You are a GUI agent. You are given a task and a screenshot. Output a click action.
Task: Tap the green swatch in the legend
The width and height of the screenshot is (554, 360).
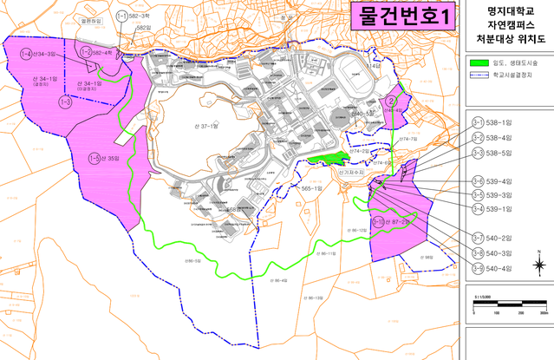coord(483,63)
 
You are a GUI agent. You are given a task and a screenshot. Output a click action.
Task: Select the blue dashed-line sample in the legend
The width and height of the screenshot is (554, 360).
coord(483,75)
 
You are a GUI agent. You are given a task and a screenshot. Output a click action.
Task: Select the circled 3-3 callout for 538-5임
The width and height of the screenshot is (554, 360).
coord(479,153)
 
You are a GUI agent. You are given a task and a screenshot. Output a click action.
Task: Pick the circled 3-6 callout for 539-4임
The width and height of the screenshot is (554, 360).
coord(479,180)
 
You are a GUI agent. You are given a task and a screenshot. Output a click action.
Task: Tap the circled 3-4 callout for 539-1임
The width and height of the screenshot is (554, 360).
coord(479,209)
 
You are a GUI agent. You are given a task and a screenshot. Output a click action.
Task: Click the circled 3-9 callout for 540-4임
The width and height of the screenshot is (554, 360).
coord(479,268)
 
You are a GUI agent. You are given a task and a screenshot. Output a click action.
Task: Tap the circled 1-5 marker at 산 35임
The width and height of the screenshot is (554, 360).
coord(94,158)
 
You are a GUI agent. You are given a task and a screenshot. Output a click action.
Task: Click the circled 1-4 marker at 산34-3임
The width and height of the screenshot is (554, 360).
coord(27,54)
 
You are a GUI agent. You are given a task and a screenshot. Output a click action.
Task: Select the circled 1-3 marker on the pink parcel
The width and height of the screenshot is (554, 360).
coord(64,102)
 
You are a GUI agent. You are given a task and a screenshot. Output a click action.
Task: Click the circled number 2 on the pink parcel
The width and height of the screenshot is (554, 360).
coord(393,102)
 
